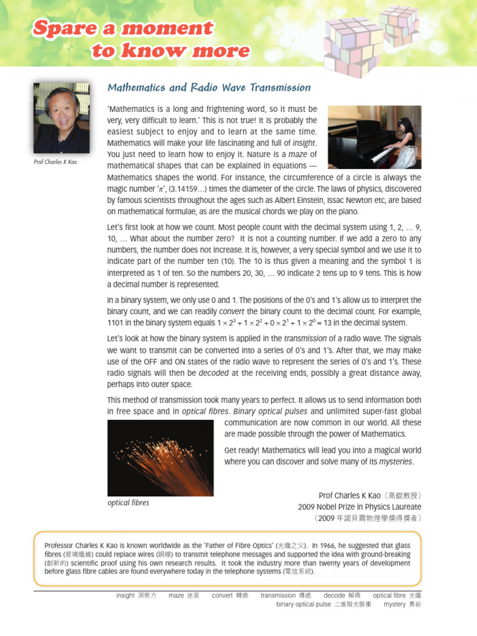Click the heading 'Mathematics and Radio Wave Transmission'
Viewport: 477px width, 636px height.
[x=209, y=88]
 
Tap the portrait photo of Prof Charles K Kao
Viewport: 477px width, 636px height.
[x=61, y=118]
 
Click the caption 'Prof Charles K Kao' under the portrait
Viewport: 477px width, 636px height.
[x=56, y=163]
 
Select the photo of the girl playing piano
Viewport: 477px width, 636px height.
[x=374, y=137]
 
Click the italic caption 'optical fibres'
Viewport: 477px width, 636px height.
[x=128, y=502]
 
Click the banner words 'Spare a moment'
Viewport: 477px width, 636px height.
[x=122, y=28]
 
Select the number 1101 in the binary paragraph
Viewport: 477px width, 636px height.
[x=117, y=323]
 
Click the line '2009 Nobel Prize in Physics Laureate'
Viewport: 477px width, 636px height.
[x=360, y=507]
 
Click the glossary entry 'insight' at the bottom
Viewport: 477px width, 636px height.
[x=125, y=595]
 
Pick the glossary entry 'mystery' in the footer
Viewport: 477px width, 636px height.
[x=394, y=604]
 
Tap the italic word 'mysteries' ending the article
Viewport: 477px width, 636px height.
[x=395, y=461]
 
